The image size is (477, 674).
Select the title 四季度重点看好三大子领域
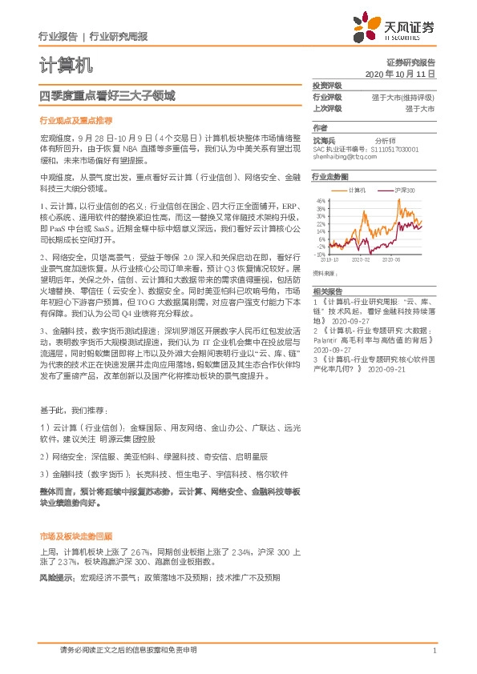pos(107,96)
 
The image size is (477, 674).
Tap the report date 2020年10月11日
pos(399,73)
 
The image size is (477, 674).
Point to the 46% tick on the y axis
pos(321,201)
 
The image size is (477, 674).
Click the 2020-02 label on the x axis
pos(362,260)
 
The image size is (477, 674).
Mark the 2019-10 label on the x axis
pos(330,260)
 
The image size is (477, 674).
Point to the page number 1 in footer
pos(434,650)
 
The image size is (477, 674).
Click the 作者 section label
pos(320,127)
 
